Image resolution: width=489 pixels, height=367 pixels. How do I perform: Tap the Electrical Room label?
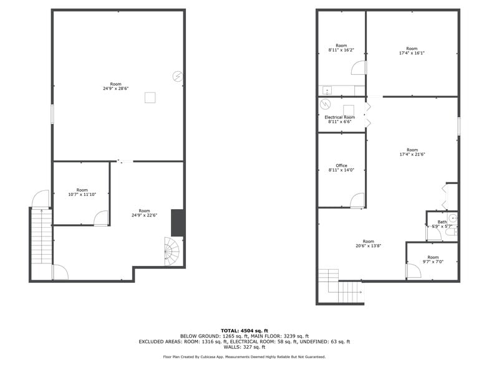pyautogui.click(x=340, y=119)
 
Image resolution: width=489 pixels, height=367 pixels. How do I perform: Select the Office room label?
pyautogui.click(x=341, y=168)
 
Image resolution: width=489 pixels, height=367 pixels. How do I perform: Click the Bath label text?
pyautogui.click(x=442, y=222)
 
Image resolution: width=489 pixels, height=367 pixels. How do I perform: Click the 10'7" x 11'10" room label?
pyautogui.click(x=82, y=192)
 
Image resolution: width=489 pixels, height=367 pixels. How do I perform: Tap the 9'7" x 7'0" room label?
pyautogui.click(x=432, y=260)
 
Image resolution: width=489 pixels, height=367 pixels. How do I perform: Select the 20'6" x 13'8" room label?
pyautogui.click(x=368, y=244)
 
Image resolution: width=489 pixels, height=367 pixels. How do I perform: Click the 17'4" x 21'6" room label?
pyautogui.click(x=412, y=152)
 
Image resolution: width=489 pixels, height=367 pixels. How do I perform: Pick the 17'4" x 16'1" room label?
pyautogui.click(x=412, y=51)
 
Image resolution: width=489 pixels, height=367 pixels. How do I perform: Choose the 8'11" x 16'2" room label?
pyautogui.click(x=341, y=47)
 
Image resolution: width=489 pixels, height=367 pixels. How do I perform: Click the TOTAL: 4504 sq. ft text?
pyautogui.click(x=244, y=330)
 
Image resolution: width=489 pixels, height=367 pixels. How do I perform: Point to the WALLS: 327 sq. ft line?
pyautogui.click(x=244, y=347)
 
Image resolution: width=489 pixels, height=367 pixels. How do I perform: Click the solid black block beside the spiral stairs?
pyautogui.click(x=177, y=223)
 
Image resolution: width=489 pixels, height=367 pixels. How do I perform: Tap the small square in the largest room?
pyautogui.click(x=150, y=97)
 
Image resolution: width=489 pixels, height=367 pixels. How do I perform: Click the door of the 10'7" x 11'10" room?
pyautogui.click(x=100, y=217)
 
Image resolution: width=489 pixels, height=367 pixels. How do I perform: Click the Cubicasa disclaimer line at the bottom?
pyautogui.click(x=244, y=357)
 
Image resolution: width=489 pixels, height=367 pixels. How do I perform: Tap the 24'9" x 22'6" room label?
pyautogui.click(x=144, y=213)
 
